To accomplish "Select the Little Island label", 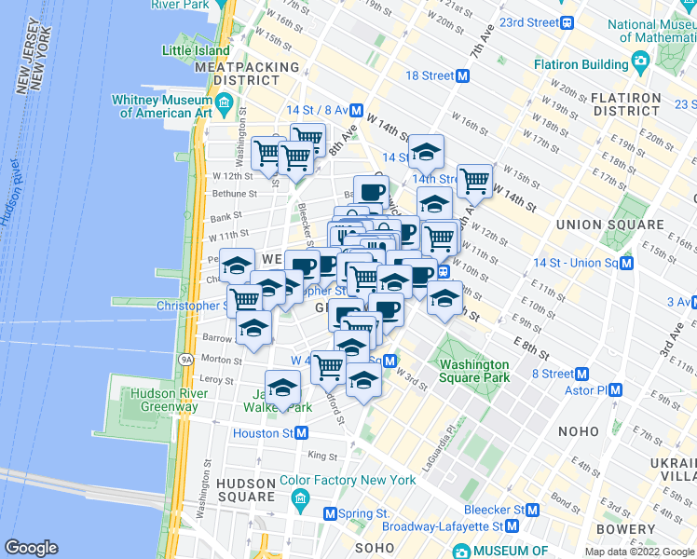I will click(195, 50).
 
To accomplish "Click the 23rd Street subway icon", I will click(566, 22).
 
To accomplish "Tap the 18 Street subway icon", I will click(462, 75).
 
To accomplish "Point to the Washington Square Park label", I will click(474, 371).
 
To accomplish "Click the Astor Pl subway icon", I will click(614, 390).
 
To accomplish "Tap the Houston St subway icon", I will click(301, 433).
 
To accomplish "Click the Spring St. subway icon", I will click(330, 513).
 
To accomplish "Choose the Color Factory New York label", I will click(348, 481).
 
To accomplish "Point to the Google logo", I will click(32, 548).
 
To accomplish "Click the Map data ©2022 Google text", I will click(639, 552).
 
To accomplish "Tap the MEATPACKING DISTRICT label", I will click(247, 74).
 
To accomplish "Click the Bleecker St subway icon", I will click(532, 511).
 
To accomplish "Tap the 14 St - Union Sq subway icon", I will click(627, 263).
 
